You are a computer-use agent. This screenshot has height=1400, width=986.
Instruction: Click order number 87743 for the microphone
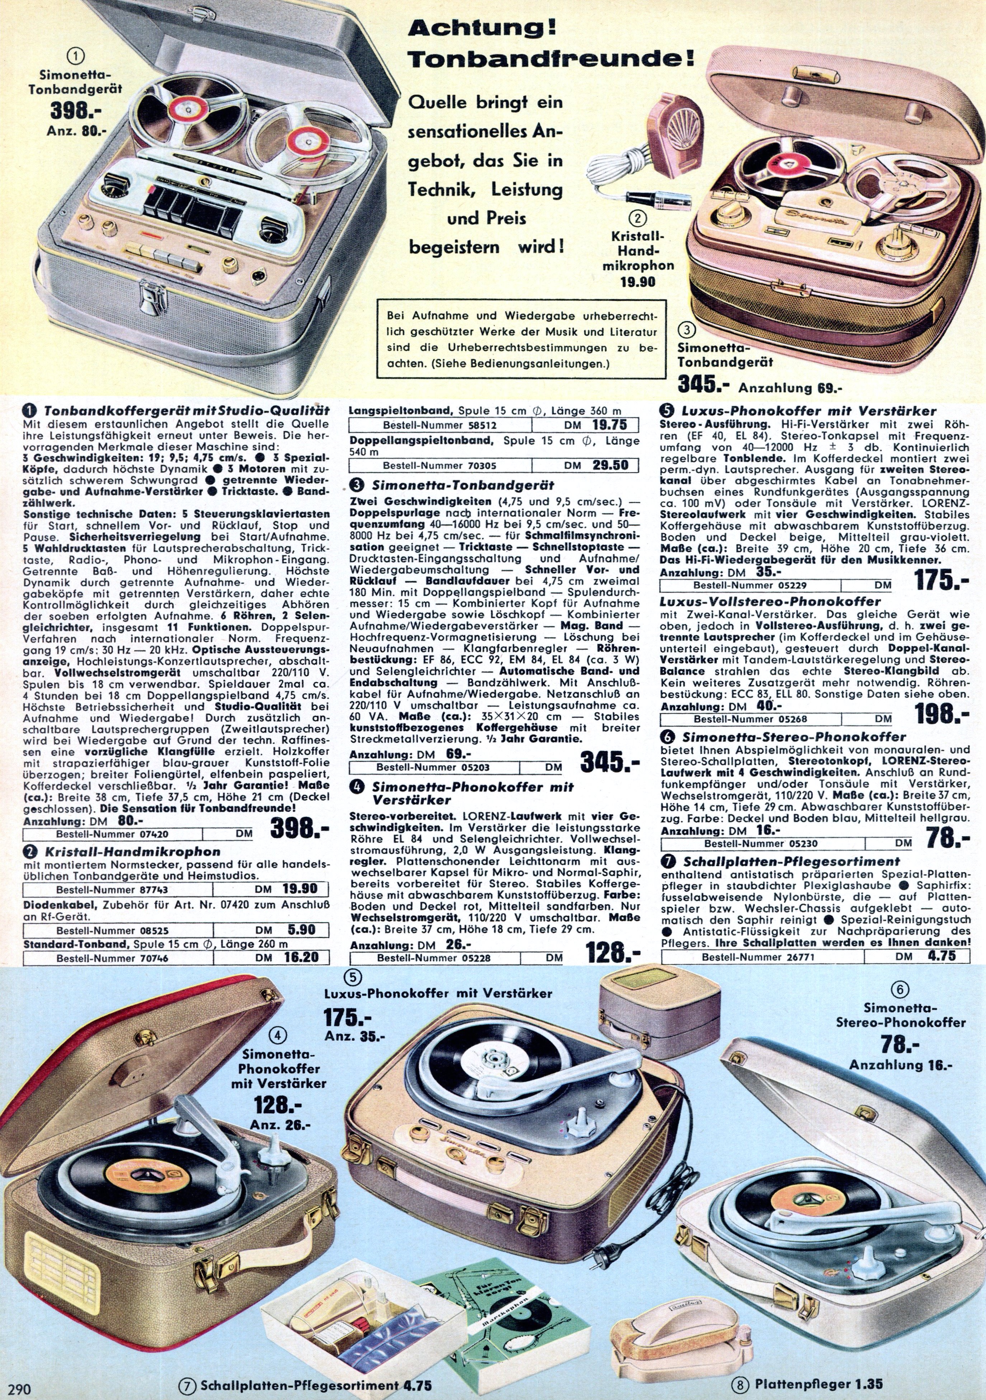(112, 890)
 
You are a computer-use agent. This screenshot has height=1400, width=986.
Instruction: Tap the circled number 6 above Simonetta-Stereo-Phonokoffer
(900, 990)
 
